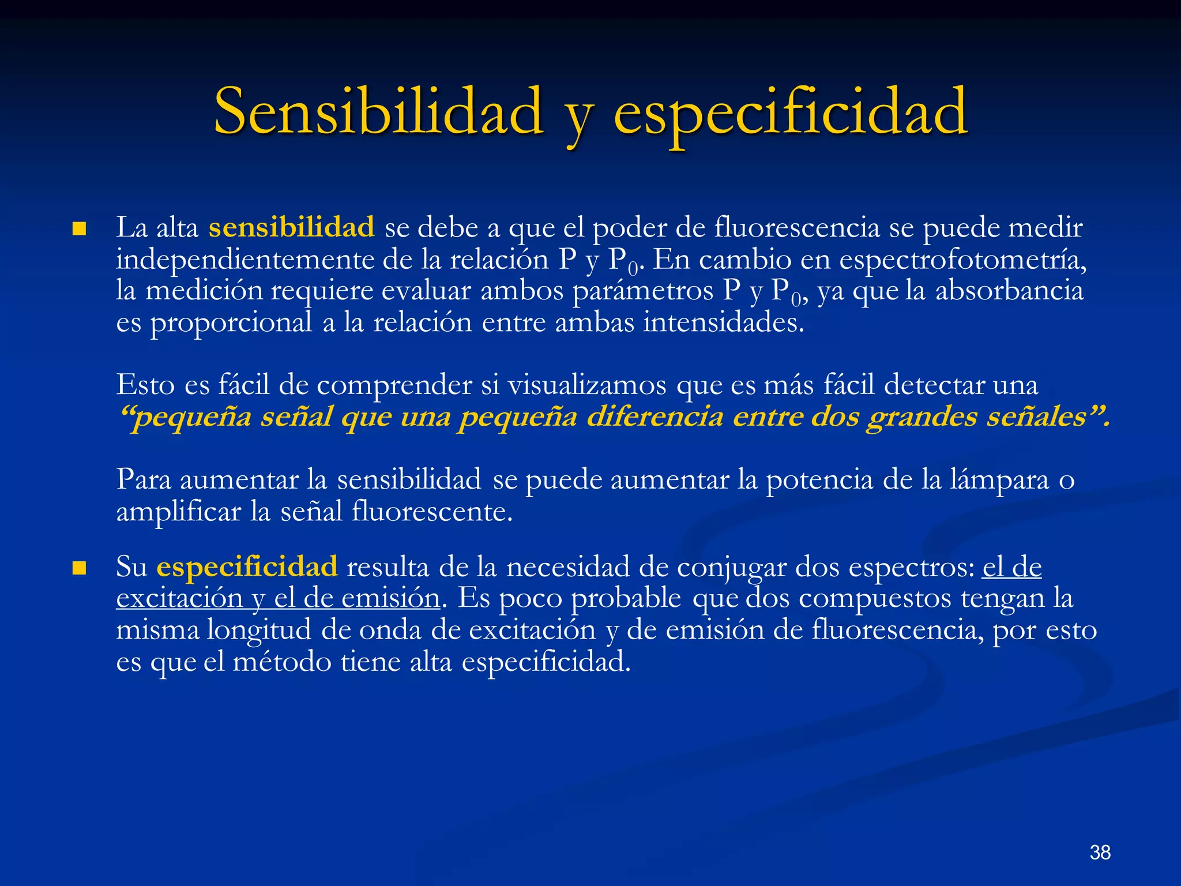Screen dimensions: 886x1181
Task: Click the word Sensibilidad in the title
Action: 378,111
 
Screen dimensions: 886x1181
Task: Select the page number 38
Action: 1100,852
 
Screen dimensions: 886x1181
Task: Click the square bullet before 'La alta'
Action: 79,230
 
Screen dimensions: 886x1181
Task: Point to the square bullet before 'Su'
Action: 79,569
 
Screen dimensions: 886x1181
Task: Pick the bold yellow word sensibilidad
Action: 291,227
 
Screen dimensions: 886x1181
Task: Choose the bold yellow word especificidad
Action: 247,566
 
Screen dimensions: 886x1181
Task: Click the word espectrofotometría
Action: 962,260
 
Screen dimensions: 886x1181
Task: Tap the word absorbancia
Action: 1009,290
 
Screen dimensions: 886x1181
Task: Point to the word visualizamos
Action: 586,385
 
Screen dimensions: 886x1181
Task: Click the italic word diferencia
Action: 655,416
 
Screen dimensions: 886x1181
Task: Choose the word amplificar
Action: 179,512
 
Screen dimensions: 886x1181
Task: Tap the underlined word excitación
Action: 179,598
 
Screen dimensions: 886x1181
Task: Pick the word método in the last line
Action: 282,661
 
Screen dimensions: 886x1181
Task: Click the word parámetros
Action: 643,291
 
